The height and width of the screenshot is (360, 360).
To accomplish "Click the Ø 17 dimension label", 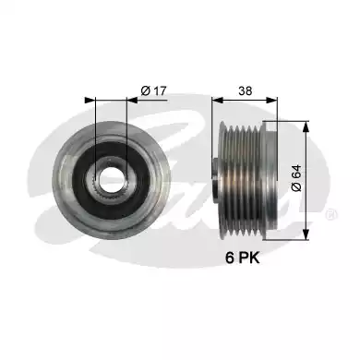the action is pos(153,90).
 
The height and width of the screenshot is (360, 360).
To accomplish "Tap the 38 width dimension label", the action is pos(245,90).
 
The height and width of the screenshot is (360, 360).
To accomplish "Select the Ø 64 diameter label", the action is pos(296,178).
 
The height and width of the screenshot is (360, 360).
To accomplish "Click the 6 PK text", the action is pos(243,258).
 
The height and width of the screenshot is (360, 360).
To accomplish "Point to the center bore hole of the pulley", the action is pos(111,176).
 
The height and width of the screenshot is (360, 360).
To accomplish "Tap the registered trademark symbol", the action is pos(331,214).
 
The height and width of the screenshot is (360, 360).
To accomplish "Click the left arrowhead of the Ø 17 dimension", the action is pos(90,100).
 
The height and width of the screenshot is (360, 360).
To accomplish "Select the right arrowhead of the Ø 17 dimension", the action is pos(132,100).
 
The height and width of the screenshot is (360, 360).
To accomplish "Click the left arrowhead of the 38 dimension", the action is pos(218,100).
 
